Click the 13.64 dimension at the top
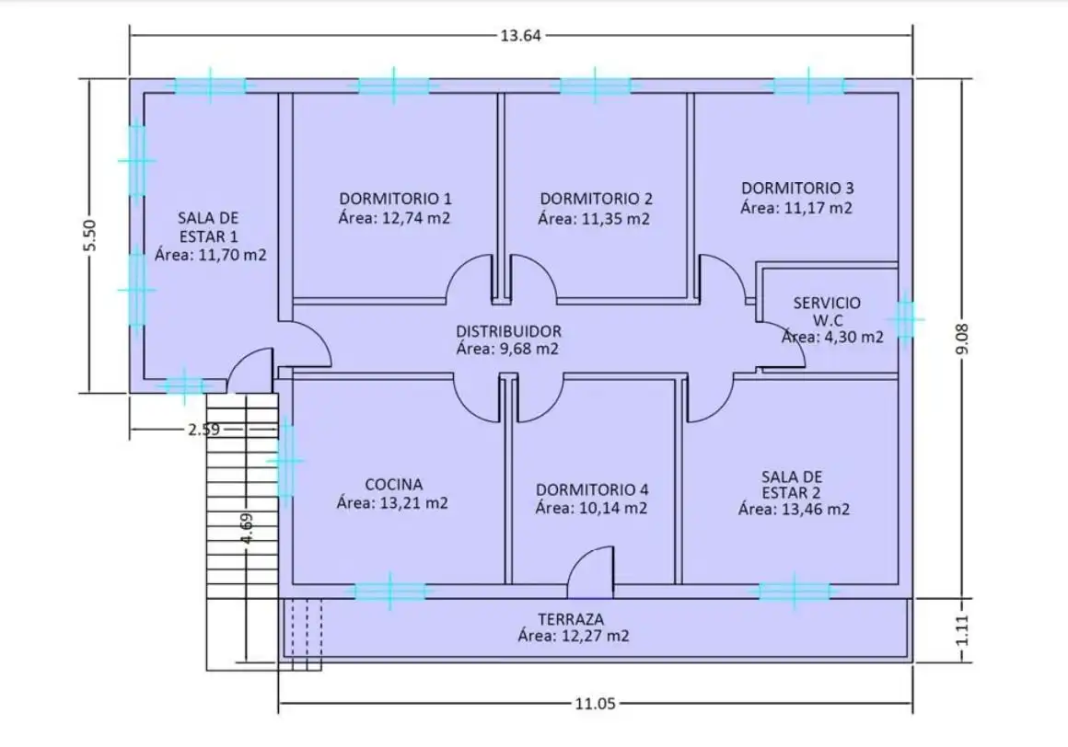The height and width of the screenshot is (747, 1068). click(520, 35)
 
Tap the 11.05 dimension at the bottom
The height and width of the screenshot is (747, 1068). click(596, 704)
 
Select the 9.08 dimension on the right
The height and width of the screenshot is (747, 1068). click(962, 339)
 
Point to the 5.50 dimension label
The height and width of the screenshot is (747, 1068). click(90, 236)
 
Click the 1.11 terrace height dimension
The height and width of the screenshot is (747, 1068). click(962, 631)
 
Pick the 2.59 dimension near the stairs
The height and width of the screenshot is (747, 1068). click(204, 430)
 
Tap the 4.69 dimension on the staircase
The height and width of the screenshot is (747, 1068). click(248, 528)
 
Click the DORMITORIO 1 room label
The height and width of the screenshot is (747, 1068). click(395, 199)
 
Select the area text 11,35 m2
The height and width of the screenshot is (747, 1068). click(615, 219)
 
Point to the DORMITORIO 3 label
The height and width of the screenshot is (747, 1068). click(797, 188)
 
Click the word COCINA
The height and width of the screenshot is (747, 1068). click(394, 485)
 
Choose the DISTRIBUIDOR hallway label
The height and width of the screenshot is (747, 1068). click(508, 331)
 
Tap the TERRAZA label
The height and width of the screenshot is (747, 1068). click(571, 619)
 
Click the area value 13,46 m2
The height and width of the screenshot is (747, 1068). click(816, 510)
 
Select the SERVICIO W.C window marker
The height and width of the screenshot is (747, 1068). click(905, 317)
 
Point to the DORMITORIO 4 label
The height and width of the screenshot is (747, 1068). click(591, 489)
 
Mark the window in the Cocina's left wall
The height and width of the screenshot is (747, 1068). click(285, 461)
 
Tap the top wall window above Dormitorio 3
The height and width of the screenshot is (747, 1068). click(807, 86)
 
